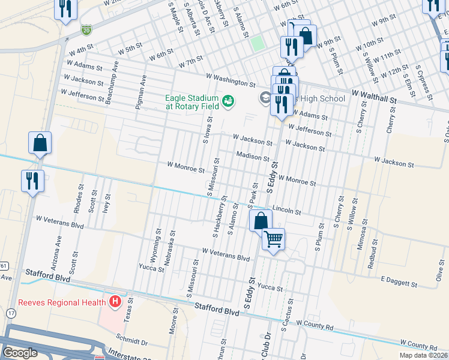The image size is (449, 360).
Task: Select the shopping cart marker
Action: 274,239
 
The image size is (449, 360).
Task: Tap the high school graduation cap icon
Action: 265,98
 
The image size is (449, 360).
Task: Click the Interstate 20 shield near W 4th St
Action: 86,29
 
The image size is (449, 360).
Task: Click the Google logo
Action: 20,353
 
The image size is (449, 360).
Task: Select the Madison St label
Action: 252,157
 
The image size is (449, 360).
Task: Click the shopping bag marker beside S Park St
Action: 261,220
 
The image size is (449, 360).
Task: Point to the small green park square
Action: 257,43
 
